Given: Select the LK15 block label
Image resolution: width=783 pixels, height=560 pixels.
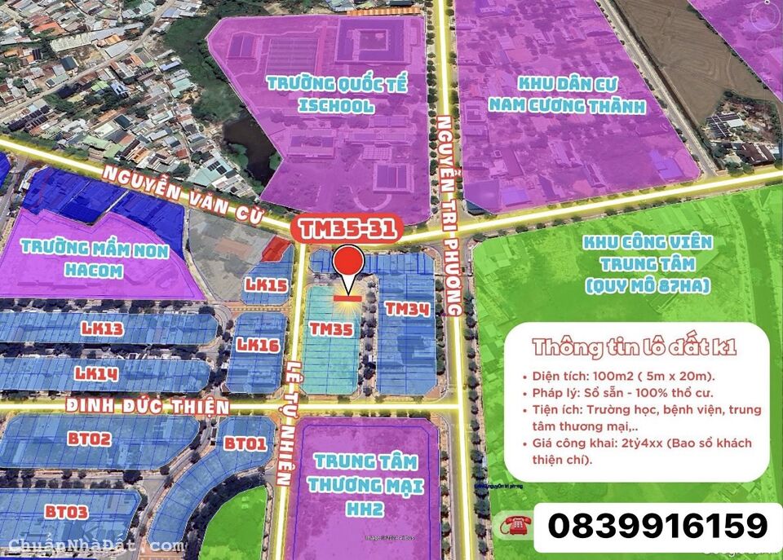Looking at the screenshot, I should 266,284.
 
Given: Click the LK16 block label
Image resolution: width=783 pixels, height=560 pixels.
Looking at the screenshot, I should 258,344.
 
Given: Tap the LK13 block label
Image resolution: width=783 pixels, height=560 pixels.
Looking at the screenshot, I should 102,329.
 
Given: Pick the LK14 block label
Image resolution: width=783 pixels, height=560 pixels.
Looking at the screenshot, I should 96,373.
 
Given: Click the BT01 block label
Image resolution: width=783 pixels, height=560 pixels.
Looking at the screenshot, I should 246,444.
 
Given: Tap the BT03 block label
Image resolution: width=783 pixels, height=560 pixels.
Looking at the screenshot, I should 67,511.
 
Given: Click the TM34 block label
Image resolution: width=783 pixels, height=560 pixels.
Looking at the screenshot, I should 407,309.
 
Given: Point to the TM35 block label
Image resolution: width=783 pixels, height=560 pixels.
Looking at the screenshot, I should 331,328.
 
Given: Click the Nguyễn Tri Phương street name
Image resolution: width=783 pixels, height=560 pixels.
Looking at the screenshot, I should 449,214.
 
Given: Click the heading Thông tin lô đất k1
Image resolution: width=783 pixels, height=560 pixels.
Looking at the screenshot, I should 635,346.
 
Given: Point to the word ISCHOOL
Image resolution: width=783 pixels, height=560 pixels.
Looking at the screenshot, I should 336,106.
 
